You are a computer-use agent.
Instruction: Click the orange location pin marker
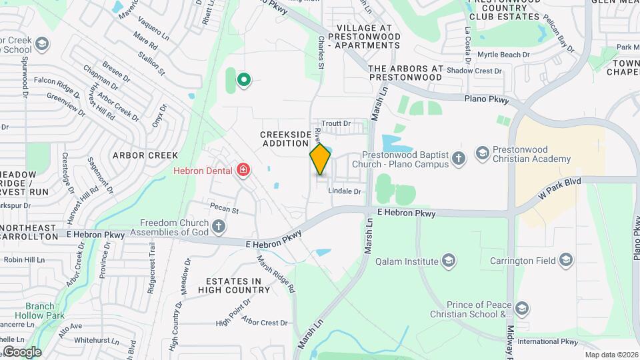(x=321, y=159)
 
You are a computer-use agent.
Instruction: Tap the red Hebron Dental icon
(x=243, y=170)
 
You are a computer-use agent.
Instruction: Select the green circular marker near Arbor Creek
(x=244, y=80)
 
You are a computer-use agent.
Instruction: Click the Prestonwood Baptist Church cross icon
(x=458, y=158)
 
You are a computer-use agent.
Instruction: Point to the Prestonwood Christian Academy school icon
(x=482, y=154)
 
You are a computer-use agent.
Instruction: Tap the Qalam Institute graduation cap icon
(x=449, y=259)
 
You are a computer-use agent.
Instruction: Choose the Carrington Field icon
(x=567, y=259)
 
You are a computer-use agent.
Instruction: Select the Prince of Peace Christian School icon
(x=522, y=307)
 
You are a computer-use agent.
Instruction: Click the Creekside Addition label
(x=285, y=139)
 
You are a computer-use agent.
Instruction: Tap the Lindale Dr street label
(x=345, y=191)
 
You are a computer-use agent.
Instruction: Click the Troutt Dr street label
(x=336, y=123)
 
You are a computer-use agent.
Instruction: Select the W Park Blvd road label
(x=559, y=189)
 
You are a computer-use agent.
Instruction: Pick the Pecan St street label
(x=224, y=209)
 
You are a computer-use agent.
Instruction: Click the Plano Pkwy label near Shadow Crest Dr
(x=487, y=100)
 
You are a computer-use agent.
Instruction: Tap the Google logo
(x=21, y=351)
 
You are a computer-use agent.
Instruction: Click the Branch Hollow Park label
(x=45, y=311)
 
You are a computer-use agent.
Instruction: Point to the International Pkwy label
(x=547, y=341)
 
